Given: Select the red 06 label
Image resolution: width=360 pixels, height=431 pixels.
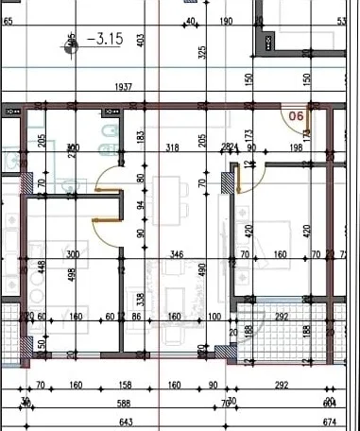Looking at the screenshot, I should [295, 117].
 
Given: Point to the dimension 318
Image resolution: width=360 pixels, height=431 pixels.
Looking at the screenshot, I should [172, 147].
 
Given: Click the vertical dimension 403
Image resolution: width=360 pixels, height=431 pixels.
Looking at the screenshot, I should [140, 40].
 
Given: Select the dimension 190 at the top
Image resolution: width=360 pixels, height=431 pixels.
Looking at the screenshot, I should [226, 21].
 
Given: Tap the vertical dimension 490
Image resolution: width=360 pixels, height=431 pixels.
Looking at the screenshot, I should [202, 270].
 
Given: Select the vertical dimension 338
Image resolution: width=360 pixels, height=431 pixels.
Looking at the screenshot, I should [141, 301].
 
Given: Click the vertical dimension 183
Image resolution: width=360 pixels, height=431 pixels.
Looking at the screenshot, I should [140, 138].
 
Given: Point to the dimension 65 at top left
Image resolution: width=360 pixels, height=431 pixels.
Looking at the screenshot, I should [8, 20].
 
